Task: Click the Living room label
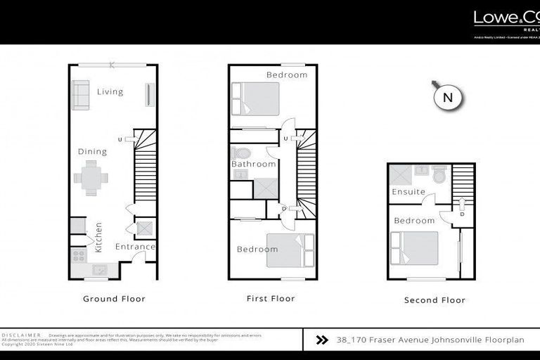coord(110,91)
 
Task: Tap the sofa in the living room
coord(80,94)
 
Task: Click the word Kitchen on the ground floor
coord(98,237)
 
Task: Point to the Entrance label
coord(135,247)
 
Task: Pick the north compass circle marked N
coord(447,98)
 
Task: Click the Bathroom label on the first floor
coord(254,164)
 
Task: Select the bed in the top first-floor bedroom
coord(255,98)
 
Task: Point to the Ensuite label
coord(409,191)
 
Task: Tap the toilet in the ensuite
coord(440,174)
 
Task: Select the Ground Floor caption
coord(114,299)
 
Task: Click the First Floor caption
coord(271,299)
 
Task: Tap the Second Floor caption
coord(435,300)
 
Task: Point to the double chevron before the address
coord(322,340)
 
